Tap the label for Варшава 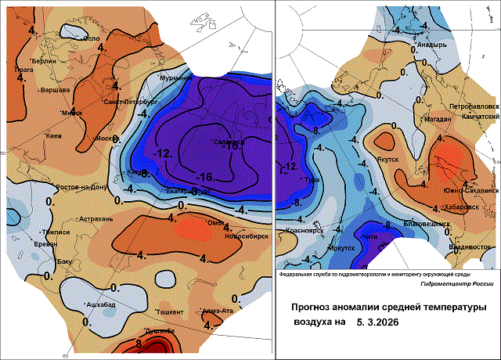point(55,90)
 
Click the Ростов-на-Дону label point(87,188)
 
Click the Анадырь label point(431,45)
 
